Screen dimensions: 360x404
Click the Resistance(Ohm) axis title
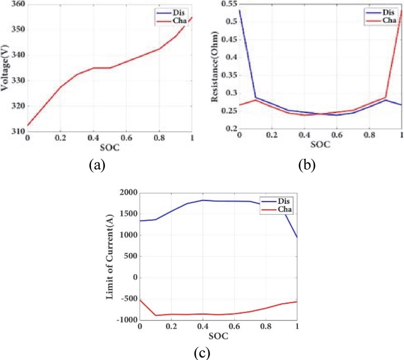pos(215,71)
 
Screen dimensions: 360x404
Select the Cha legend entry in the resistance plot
pos(389,20)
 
